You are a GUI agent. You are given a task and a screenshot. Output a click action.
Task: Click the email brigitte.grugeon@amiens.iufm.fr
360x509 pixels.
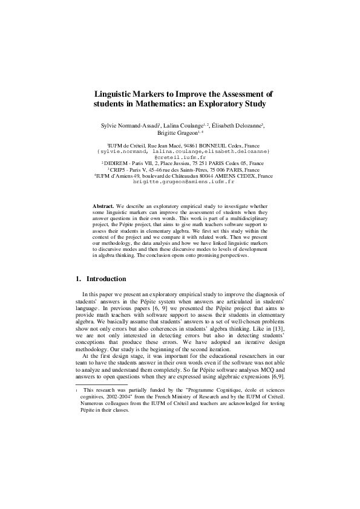click(x=183, y=181)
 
